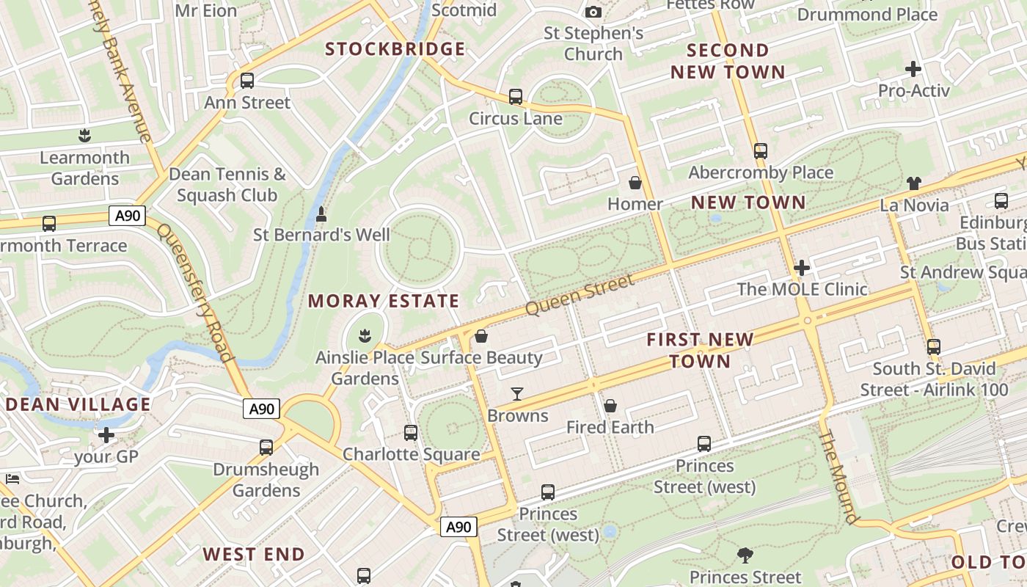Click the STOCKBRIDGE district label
pyautogui.click(x=395, y=49)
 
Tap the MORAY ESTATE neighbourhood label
pyautogui.click(x=383, y=301)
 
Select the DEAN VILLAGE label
pyautogui.click(x=78, y=404)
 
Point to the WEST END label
pyautogui.click(x=254, y=554)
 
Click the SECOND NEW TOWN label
pyautogui.click(x=728, y=61)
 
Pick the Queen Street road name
pyautogui.click(x=580, y=296)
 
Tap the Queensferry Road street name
pyautogui.click(x=195, y=293)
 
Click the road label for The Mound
pyautogui.click(x=838, y=477)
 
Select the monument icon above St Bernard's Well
pyautogui.click(x=321, y=214)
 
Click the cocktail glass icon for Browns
pyautogui.click(x=517, y=394)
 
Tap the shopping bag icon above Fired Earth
pyautogui.click(x=610, y=406)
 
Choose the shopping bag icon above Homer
pyautogui.click(x=635, y=183)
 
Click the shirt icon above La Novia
pyautogui.click(x=913, y=183)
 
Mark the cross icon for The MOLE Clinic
pyautogui.click(x=802, y=268)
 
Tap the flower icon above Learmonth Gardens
pyautogui.click(x=85, y=136)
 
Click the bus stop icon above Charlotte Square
pyautogui.click(x=411, y=433)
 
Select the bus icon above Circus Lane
pyautogui.click(x=516, y=97)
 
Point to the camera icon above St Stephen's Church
pyautogui.click(x=593, y=12)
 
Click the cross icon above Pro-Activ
pyautogui.click(x=913, y=70)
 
